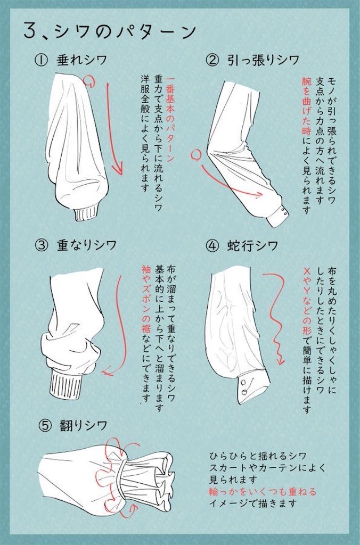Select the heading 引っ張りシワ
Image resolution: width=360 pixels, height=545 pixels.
click(263, 60)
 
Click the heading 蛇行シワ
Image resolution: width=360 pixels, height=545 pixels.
click(253, 246)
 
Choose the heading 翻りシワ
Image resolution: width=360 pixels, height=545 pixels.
click(83, 425)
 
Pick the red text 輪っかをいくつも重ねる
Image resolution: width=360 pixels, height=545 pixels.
click(263, 491)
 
